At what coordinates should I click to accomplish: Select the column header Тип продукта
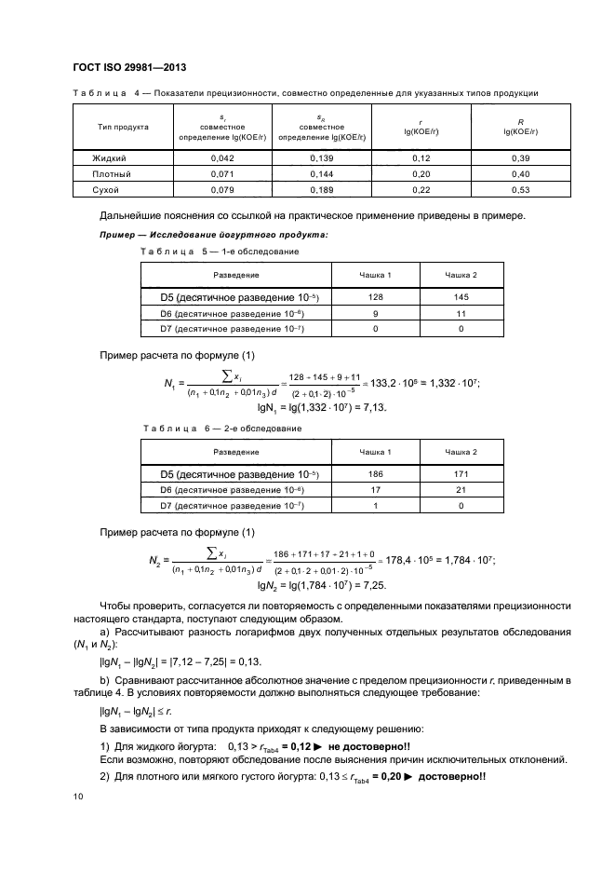click(x=124, y=127)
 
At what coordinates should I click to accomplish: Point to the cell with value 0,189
click(x=319, y=189)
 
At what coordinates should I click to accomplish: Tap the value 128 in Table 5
click(x=376, y=297)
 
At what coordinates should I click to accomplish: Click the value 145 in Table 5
click(x=461, y=297)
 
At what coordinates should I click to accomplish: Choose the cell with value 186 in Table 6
click(x=376, y=474)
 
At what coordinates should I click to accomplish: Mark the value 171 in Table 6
click(x=461, y=474)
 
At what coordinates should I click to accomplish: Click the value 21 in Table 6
click(x=461, y=489)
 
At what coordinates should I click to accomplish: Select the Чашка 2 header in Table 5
click(x=461, y=276)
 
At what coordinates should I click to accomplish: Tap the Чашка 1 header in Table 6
click(x=376, y=452)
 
